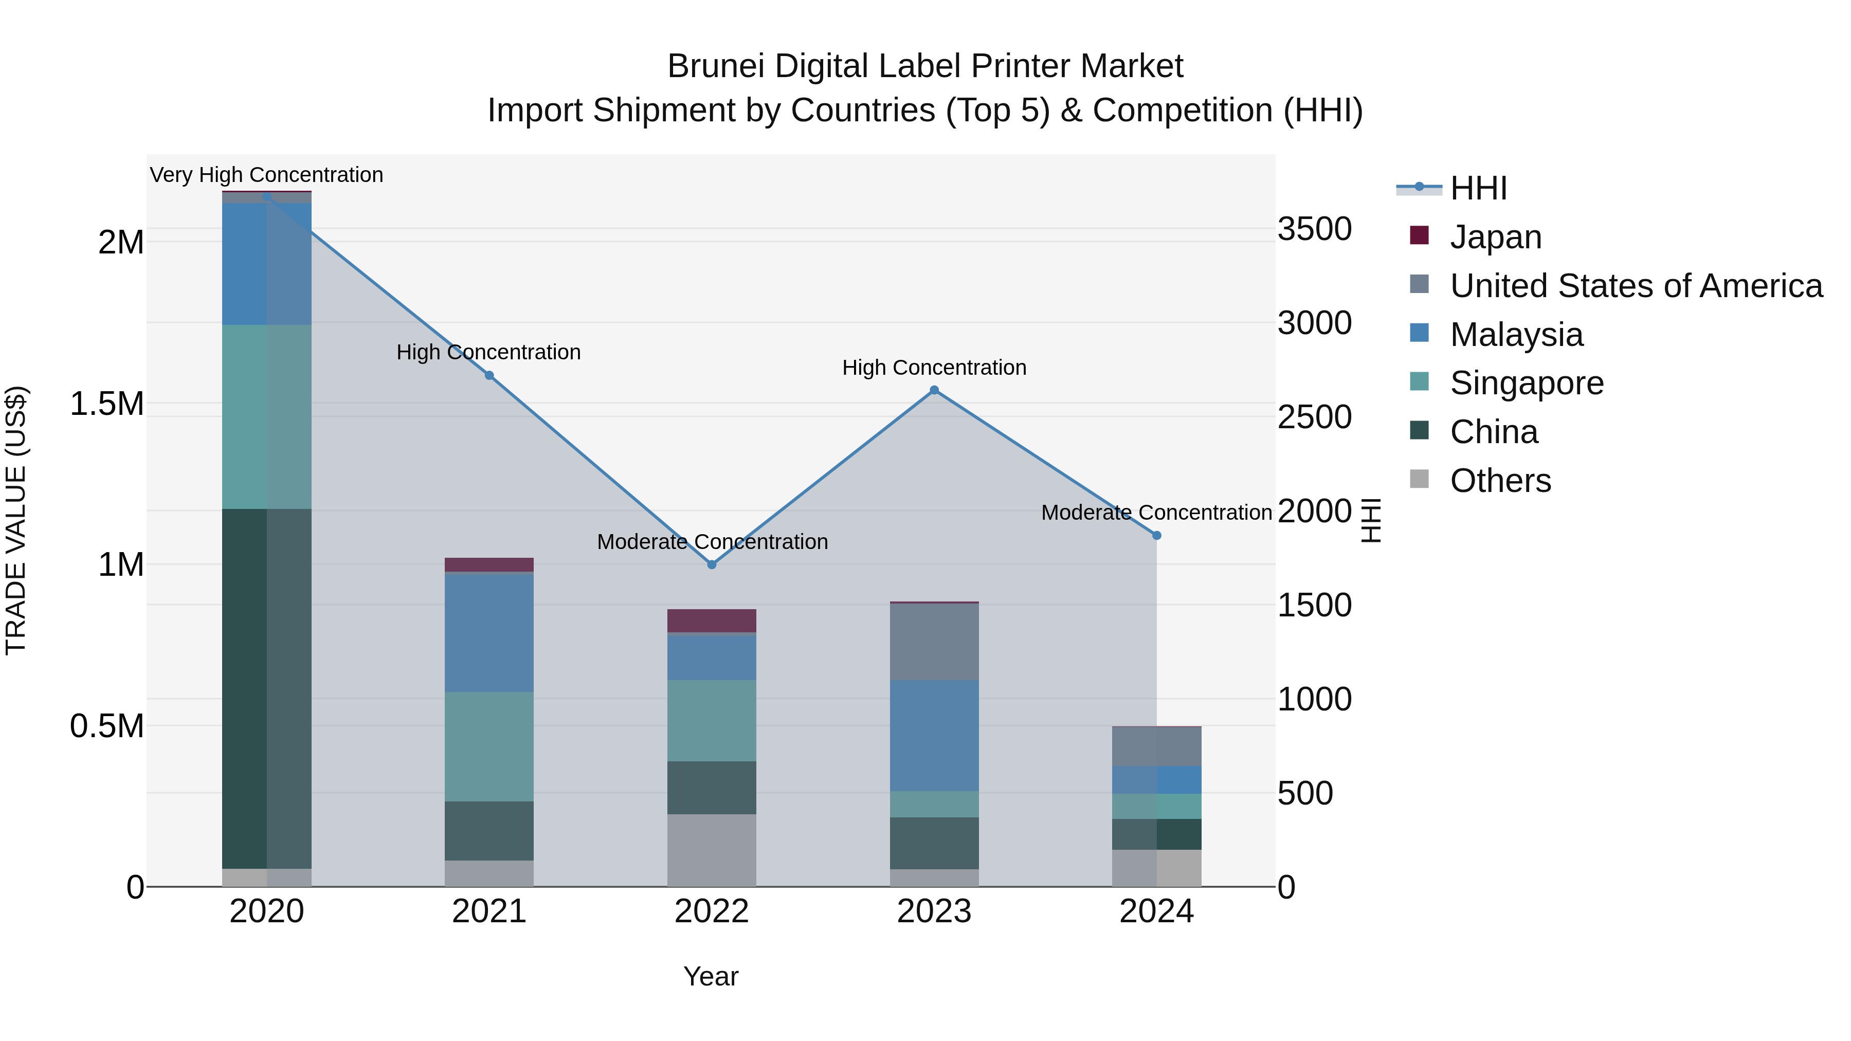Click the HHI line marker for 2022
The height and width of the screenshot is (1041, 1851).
point(712,564)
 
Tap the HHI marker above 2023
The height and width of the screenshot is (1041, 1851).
point(934,390)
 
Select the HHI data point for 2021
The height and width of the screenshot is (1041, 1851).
point(489,375)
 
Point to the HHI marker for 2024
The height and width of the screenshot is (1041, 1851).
point(1156,535)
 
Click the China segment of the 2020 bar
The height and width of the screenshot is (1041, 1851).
point(266,688)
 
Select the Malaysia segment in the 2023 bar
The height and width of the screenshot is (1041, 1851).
point(934,735)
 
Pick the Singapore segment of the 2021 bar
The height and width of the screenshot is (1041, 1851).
point(489,746)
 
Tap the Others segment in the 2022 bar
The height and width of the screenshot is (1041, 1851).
point(712,850)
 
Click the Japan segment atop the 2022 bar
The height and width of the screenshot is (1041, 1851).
point(712,620)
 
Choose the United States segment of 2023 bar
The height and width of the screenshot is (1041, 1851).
point(934,641)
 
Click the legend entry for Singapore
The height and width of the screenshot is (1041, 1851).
point(1526,383)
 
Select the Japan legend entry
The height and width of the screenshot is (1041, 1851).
point(1495,237)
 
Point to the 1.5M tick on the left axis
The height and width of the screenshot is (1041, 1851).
point(106,404)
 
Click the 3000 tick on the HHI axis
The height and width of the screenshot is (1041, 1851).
point(1314,323)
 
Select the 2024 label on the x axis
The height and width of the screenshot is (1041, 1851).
point(1156,911)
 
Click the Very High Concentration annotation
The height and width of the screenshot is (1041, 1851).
point(266,175)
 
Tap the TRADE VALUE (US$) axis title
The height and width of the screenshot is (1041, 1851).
point(16,520)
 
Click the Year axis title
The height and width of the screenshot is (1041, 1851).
point(711,976)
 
